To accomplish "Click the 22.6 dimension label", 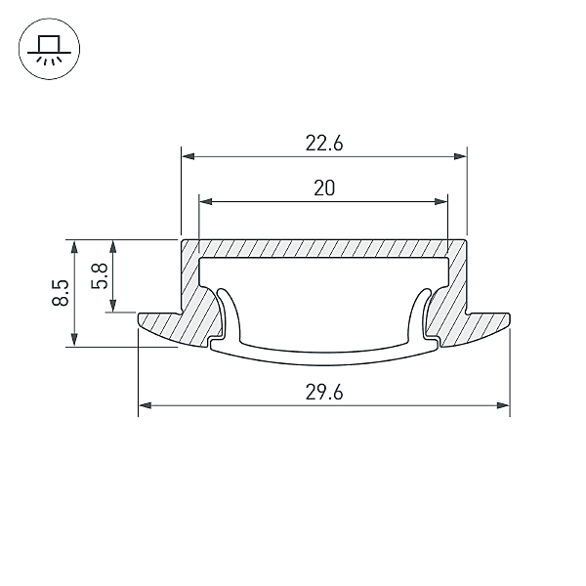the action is coord(324,144).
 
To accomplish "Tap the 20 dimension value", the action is coord(324,188).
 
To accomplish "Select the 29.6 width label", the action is coord(324,393).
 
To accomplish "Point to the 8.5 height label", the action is coord(61,293).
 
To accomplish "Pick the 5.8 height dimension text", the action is coord(100,276).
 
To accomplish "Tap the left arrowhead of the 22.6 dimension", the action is coord(188,156).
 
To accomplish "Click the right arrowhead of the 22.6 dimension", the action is coord(460,156).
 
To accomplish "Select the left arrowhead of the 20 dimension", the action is coord(206,202).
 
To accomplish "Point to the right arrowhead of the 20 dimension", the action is coord(441,202).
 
